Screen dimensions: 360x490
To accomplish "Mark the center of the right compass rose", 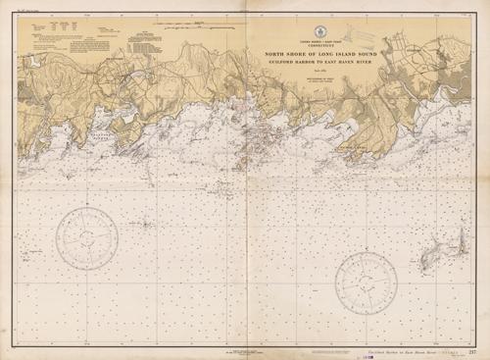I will pos(366,281).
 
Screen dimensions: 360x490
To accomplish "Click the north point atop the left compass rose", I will pos(87,208).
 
